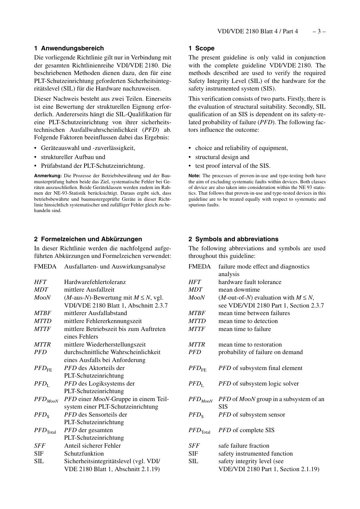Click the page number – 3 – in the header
click(319, 31)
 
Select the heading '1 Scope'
click(201, 48)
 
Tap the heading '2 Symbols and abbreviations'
click(233, 239)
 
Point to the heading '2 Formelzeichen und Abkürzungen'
click(88, 239)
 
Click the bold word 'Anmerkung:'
click(48, 176)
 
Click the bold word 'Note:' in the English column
click(194, 176)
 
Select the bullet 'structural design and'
click(222, 157)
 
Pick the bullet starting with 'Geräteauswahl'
click(88, 148)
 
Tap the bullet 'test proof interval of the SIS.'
click(233, 166)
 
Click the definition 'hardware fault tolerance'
click(250, 282)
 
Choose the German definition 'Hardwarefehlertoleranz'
click(95, 282)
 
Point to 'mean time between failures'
click(254, 313)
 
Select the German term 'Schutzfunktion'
click(84, 454)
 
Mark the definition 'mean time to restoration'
click(250, 345)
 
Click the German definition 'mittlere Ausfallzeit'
click(89, 290)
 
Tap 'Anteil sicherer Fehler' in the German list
click(92, 446)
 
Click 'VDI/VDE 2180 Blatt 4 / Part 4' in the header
click(258, 31)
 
